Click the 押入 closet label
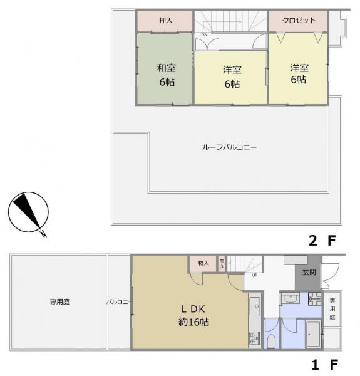pos(166,21)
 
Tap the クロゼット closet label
pos(299,21)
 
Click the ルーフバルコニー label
pos(230,147)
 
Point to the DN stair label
pos(204,34)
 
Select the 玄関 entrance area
pos(308,272)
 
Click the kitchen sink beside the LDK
pos(254,306)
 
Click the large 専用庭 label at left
pos(60,302)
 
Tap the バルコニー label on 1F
pos(118,302)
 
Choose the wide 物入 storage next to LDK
pos(203,263)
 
